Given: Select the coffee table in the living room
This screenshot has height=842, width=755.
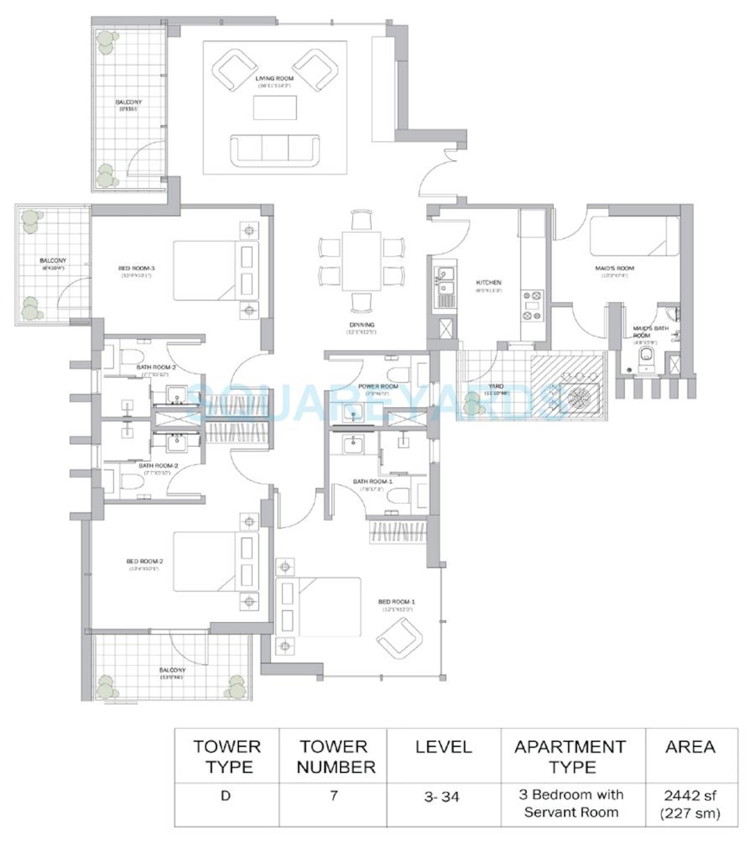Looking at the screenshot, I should tap(275, 107).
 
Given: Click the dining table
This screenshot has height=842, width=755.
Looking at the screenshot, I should tap(361, 261).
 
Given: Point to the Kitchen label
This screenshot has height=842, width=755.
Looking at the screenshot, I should tap(489, 282).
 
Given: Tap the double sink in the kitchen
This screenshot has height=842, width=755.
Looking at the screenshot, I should tap(444, 281).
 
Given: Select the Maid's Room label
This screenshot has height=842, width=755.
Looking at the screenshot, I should tap(614, 268).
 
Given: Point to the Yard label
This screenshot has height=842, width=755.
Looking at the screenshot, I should tap(496, 386).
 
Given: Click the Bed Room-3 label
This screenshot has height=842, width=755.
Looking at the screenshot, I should tap(137, 268).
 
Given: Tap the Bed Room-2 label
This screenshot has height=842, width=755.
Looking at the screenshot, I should tap(145, 561).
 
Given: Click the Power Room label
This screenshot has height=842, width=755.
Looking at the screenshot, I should tap(377, 386).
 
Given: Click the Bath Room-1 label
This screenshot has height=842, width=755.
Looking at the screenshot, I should tap(372, 482).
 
